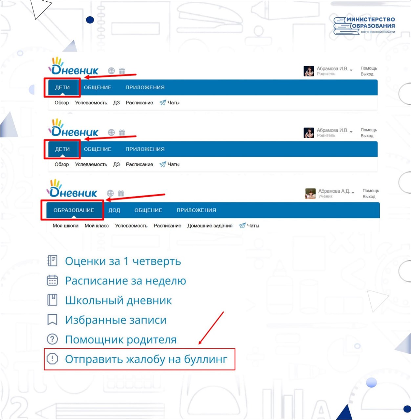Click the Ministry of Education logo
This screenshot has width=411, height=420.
[x=364, y=26]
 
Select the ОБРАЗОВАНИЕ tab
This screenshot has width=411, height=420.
[x=74, y=210]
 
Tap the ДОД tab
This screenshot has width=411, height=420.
[x=114, y=210]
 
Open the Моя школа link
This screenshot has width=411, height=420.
[x=65, y=226]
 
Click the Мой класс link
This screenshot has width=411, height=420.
[x=97, y=226]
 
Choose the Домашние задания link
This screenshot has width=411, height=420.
[x=210, y=226]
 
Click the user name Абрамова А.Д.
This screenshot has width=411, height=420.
[x=334, y=191]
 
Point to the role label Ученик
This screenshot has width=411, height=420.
[x=325, y=197]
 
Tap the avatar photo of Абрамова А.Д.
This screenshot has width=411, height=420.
[x=310, y=193]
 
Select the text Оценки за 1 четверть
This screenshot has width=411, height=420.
[x=123, y=261]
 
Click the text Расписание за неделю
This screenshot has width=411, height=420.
[x=125, y=281]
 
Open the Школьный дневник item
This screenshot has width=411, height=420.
[x=119, y=301]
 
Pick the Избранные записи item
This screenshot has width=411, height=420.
[x=116, y=320]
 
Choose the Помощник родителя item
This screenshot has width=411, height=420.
[x=121, y=340]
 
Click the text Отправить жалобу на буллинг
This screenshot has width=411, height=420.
[x=146, y=359]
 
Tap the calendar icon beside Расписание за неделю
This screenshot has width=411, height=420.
[x=52, y=280]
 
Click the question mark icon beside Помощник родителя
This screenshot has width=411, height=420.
[x=52, y=339]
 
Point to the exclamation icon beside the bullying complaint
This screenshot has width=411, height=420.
[x=52, y=359]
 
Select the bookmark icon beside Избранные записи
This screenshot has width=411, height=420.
[x=52, y=319]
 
